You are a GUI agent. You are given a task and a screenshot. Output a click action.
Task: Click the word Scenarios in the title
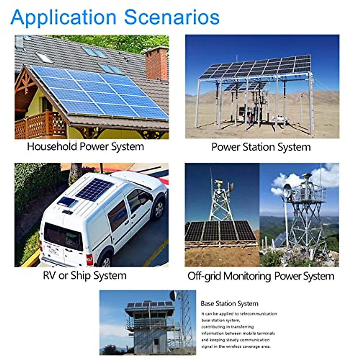(x=172, y=17)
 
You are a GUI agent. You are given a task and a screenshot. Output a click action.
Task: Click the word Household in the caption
(x=52, y=146)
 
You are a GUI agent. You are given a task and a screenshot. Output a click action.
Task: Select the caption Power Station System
(x=261, y=147)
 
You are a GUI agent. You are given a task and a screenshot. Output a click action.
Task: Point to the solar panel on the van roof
(x=94, y=190)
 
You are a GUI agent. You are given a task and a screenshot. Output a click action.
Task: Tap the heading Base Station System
(x=229, y=303)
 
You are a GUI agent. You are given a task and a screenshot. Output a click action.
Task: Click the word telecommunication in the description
(x=258, y=314)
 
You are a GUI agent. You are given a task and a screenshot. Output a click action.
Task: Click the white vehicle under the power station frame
(x=280, y=119)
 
